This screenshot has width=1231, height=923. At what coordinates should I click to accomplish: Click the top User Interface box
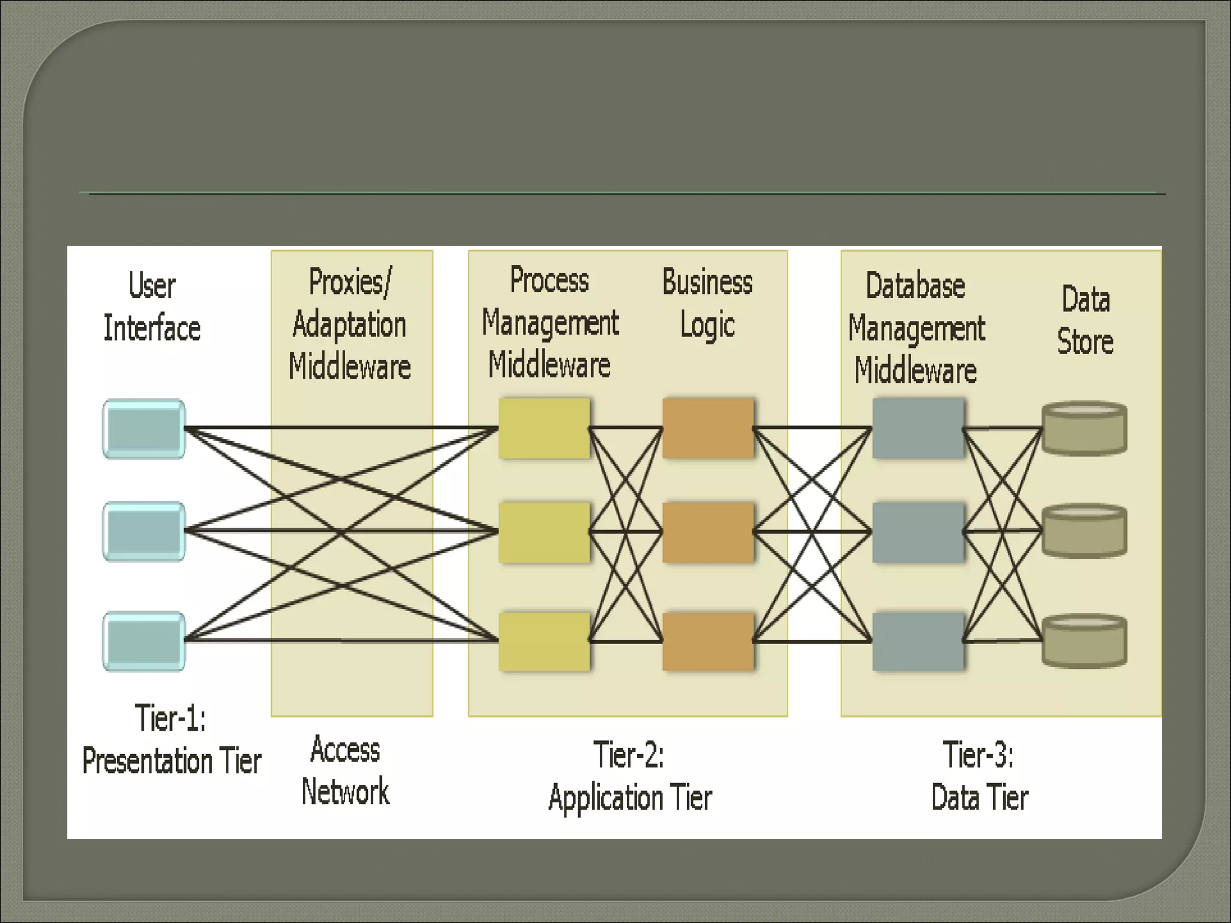pyautogui.click(x=144, y=429)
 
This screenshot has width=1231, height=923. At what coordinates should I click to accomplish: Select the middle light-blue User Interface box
pyautogui.click(x=144, y=532)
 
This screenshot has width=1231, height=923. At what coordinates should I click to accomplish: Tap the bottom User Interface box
pyautogui.click(x=144, y=641)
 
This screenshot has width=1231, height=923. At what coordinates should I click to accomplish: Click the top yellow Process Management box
pyautogui.click(x=544, y=428)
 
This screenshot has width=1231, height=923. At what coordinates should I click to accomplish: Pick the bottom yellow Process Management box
pyautogui.click(x=544, y=641)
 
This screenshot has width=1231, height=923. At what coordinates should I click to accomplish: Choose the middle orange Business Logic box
pyautogui.click(x=707, y=532)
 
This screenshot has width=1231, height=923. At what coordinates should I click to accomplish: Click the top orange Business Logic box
pyautogui.click(x=707, y=428)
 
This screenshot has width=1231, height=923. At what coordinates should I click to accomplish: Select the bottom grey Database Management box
pyautogui.click(x=917, y=641)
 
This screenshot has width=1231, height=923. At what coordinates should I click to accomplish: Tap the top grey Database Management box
pyautogui.click(x=917, y=428)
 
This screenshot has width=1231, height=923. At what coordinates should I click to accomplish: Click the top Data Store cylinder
pyautogui.click(x=1084, y=429)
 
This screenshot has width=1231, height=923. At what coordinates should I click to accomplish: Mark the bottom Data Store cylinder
pyautogui.click(x=1084, y=641)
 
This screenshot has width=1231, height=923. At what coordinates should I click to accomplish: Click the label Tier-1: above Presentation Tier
pyautogui.click(x=171, y=718)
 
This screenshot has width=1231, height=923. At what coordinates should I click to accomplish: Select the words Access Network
pyautogui.click(x=346, y=771)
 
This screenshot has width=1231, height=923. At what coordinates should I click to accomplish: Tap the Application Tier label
pyautogui.click(x=630, y=798)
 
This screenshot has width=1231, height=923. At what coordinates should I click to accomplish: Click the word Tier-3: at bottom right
pyautogui.click(x=978, y=755)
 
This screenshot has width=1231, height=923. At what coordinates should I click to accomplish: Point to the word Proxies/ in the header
pyautogui.click(x=350, y=282)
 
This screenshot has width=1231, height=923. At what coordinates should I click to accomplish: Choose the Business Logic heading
pyautogui.click(x=707, y=304)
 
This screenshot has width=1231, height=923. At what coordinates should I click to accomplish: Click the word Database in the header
pyautogui.click(x=915, y=286)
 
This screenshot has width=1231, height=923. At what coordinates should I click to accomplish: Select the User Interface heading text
pyautogui.click(x=152, y=307)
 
